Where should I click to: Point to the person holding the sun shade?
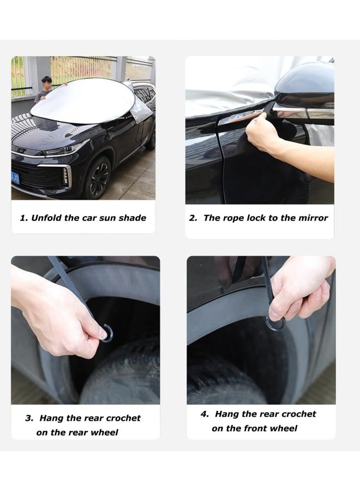coord(46,87)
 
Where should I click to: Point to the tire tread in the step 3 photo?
coord(125,376)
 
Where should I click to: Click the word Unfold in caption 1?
coord(47,218)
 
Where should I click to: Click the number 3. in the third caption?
coord(29,418)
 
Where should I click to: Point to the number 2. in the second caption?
coord(193,218)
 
